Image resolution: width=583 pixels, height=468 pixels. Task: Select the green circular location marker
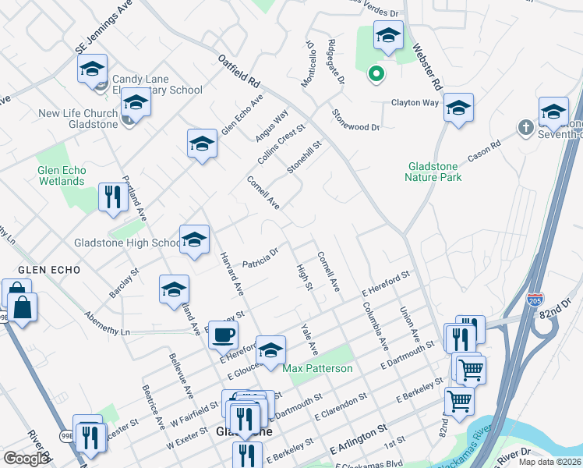pyautogui.click(x=376, y=75)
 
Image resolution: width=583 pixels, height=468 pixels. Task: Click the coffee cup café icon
pyautogui.click(x=224, y=335)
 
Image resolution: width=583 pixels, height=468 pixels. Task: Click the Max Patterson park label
pyautogui.click(x=317, y=368)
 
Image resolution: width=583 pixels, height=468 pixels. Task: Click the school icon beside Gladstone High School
pyautogui.click(x=194, y=240)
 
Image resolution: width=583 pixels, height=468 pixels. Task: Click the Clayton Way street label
pyautogui.click(x=415, y=103)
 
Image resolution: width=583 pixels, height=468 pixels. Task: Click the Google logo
pyautogui.click(x=26, y=459)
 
